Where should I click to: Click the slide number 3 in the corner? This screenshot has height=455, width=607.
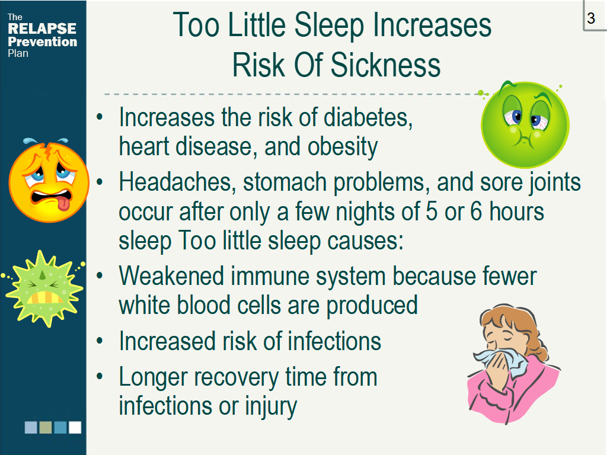[591, 18]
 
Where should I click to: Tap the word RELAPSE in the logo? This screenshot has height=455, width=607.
[42, 28]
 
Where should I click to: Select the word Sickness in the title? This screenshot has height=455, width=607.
[385, 65]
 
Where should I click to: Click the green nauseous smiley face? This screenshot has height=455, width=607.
[525, 124]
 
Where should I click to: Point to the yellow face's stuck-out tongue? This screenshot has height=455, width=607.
[64, 203]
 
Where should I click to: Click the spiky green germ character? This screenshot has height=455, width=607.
[43, 289]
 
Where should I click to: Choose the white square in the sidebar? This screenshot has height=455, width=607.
[75, 428]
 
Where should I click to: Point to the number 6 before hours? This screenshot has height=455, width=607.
[476, 212]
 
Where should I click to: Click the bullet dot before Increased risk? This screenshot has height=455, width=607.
[100, 341]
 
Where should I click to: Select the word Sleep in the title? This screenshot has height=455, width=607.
[329, 25]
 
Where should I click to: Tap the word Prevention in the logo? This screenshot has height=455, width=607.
[43, 42]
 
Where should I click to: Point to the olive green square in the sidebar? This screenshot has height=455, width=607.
[46, 428]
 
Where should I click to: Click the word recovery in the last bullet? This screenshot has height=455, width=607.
[236, 377]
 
